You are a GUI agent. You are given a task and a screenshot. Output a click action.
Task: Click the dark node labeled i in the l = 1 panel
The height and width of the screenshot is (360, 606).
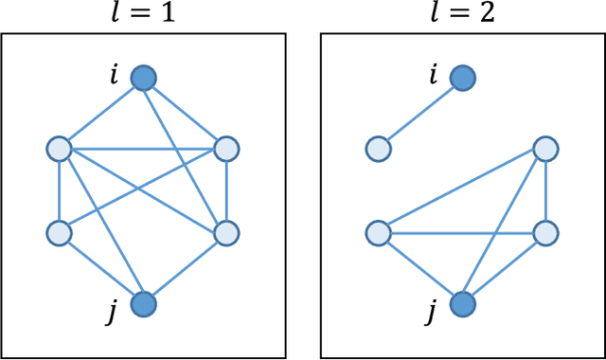(x=142, y=78)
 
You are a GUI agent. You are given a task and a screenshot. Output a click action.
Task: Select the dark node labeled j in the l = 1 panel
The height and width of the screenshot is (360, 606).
(x=142, y=304)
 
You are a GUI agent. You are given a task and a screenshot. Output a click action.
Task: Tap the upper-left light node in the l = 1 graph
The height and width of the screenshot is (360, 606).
(x=59, y=149)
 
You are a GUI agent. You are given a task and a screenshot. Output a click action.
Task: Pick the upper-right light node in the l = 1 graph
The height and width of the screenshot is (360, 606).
(x=226, y=149)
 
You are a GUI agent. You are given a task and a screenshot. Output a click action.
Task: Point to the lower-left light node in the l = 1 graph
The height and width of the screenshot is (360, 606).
(x=59, y=233)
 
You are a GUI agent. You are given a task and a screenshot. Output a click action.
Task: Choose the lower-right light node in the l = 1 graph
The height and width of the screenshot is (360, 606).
(x=226, y=233)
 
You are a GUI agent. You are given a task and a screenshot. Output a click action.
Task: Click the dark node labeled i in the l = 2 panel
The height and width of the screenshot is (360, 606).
(x=461, y=78)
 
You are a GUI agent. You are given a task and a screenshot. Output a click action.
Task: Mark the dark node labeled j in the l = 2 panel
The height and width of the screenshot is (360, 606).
(x=461, y=304)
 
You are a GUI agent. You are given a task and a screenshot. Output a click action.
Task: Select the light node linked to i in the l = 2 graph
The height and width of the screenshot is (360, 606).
(x=378, y=149)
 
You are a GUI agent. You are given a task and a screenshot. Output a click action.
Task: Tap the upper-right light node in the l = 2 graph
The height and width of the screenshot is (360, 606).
(x=545, y=149)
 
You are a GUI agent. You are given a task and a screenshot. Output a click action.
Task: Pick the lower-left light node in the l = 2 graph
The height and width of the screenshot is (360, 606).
(x=378, y=233)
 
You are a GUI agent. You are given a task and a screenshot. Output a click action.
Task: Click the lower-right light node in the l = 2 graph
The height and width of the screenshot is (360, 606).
(x=545, y=233)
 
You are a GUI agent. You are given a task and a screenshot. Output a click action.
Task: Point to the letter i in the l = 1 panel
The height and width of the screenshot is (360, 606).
(x=115, y=73)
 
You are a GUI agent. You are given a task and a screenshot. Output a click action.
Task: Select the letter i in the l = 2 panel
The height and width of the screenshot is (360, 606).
(x=434, y=73)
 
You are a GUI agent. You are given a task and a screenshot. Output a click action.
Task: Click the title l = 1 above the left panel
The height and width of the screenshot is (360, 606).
(x=142, y=14)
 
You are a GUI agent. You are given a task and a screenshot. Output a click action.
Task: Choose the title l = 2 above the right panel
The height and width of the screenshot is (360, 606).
(x=461, y=14)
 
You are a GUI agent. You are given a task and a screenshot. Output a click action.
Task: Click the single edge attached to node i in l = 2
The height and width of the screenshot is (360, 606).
(x=419, y=114)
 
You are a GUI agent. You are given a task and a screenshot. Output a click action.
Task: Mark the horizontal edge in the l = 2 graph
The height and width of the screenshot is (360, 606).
(x=461, y=233)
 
